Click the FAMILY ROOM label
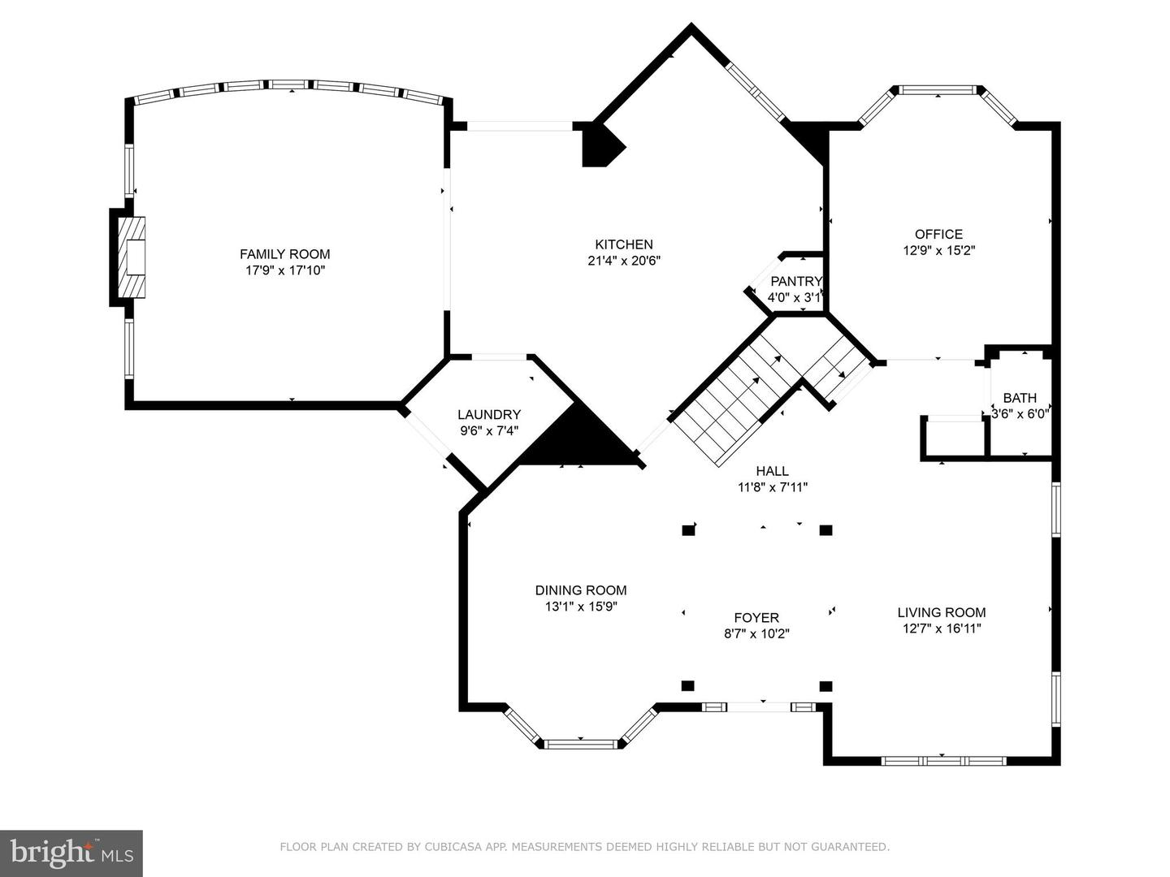[284, 254]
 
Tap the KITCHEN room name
[624, 244]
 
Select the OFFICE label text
[938, 235]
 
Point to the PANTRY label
[796, 281]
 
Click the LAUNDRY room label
[489, 414]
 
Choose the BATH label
[1020, 398]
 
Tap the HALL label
[773, 471]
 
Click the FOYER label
[756, 618]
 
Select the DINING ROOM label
[581, 590]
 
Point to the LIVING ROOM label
[942, 612]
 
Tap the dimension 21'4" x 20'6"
[624, 261]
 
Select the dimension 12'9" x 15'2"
[938, 250]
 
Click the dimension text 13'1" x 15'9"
[581, 606]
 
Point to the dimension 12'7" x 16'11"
[942, 629]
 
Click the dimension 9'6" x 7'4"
[489, 430]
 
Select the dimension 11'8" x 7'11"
[773, 486]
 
